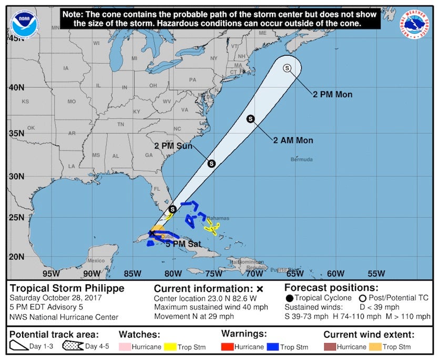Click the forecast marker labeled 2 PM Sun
(x=211, y=163)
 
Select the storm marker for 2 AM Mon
(x=251, y=119)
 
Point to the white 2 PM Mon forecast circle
(x=287, y=68)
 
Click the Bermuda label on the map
(x=302, y=159)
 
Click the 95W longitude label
(x=51, y=273)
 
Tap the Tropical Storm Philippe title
(x=67, y=288)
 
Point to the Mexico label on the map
(x=96, y=261)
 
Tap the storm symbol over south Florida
(x=172, y=209)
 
